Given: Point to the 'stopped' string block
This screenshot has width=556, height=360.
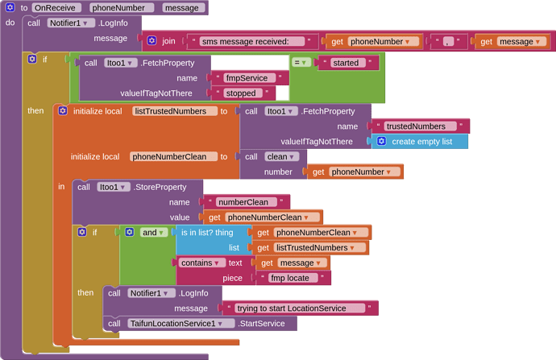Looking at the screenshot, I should [x=240, y=93].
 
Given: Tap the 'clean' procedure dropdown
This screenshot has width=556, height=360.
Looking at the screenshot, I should [x=282, y=157].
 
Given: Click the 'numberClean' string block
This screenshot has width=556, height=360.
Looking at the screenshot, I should [x=247, y=202].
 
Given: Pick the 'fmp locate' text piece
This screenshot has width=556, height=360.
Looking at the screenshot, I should [x=293, y=278].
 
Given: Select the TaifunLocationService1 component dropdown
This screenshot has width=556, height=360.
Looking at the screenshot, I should [x=181, y=323].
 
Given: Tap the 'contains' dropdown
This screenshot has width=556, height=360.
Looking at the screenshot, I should [x=201, y=263].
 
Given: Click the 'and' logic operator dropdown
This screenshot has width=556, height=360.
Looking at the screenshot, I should [x=154, y=233].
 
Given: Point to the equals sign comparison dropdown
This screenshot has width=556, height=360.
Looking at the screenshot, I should [x=301, y=63].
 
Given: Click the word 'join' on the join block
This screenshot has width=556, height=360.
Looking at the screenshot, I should [x=168, y=41].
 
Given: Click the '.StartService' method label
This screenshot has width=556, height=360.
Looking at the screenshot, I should [x=267, y=323].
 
